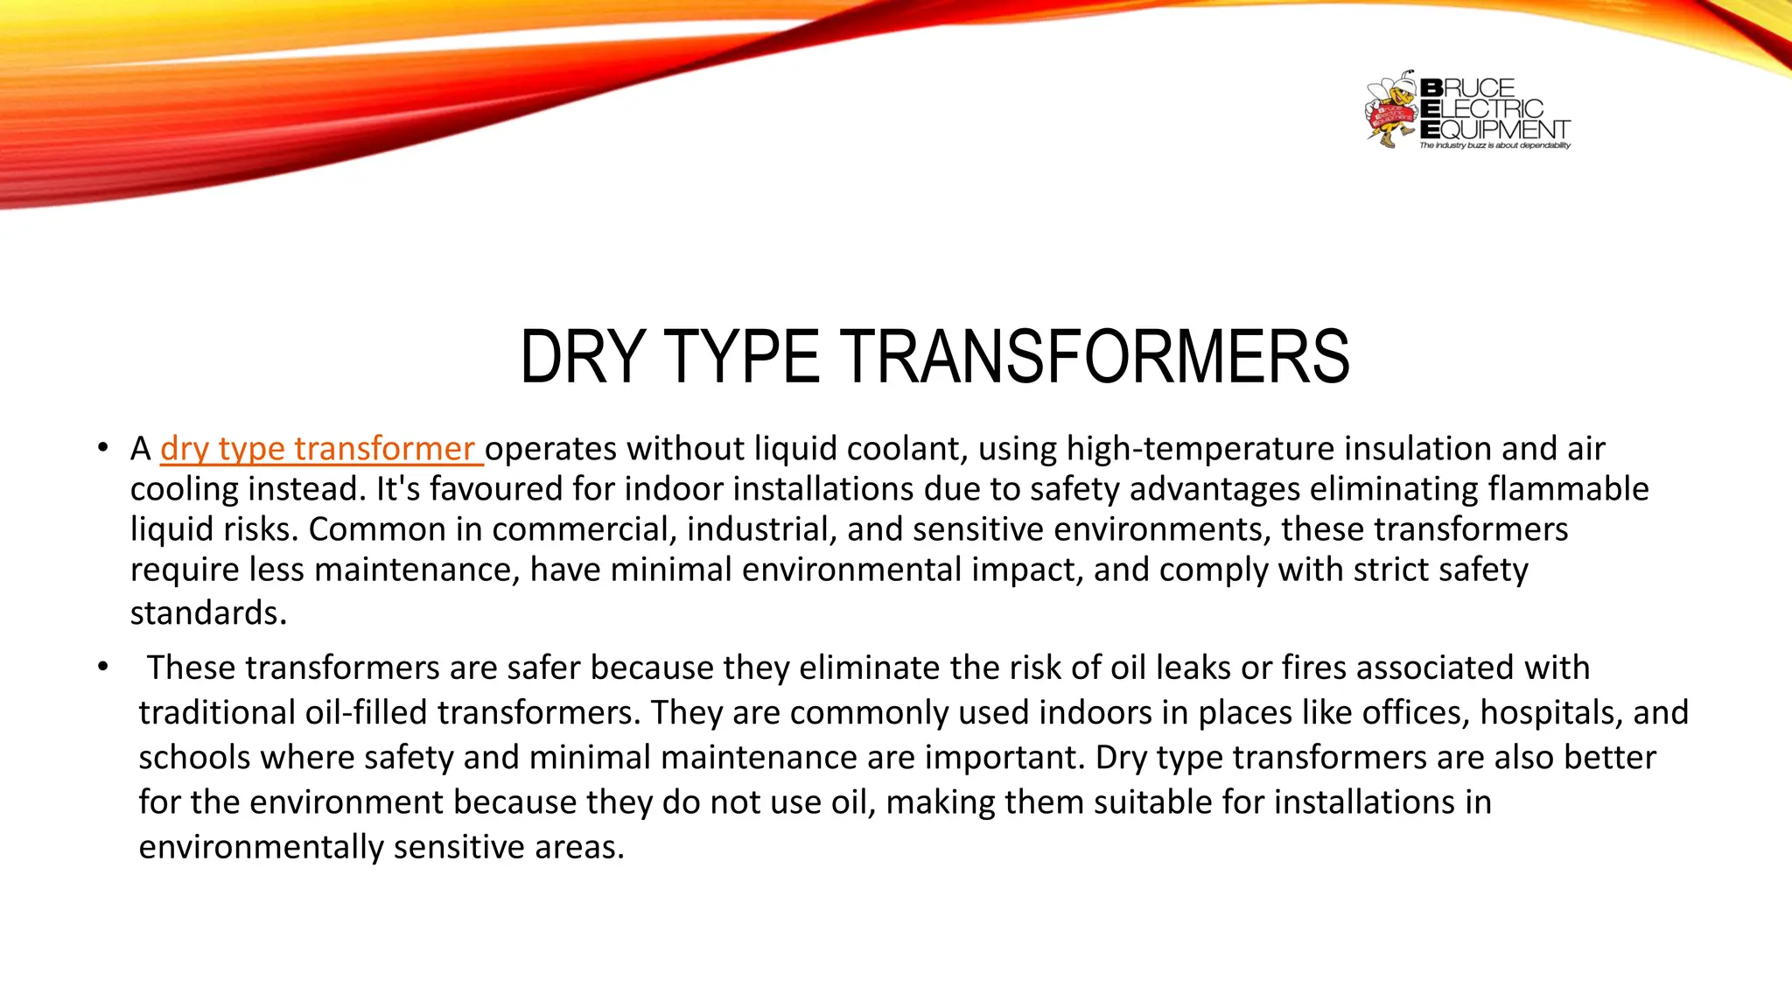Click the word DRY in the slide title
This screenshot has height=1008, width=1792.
tap(583, 357)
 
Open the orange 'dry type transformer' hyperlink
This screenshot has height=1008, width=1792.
tap(318, 449)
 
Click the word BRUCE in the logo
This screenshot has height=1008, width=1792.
tap(1467, 88)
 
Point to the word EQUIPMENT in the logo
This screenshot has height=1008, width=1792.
tap(1494, 129)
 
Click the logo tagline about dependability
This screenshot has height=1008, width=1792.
tap(1494, 145)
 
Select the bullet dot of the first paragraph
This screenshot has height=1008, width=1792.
tap(103, 448)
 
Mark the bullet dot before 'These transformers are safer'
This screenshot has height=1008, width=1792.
tap(103, 667)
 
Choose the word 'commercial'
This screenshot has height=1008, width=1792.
tap(584, 529)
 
